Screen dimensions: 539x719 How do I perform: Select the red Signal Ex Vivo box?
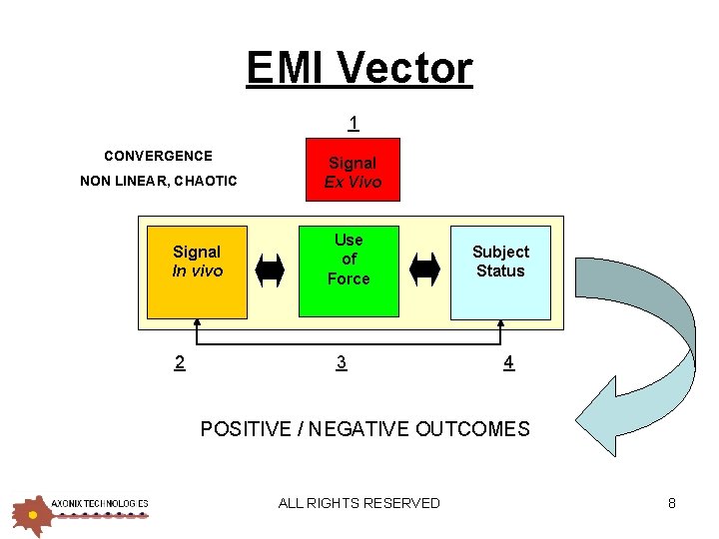[353, 172]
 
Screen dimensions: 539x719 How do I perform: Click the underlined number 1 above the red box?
[354, 124]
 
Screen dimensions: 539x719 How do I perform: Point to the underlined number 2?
[179, 362]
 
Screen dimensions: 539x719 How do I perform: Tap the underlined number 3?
[342, 362]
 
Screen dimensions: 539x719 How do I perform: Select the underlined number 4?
[508, 362]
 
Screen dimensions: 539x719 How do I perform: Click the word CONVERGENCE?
[158, 156]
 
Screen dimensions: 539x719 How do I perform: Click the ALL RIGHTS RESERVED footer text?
[359, 503]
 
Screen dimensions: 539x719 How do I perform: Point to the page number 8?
[672, 503]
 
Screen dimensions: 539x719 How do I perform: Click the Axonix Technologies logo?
[80, 511]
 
